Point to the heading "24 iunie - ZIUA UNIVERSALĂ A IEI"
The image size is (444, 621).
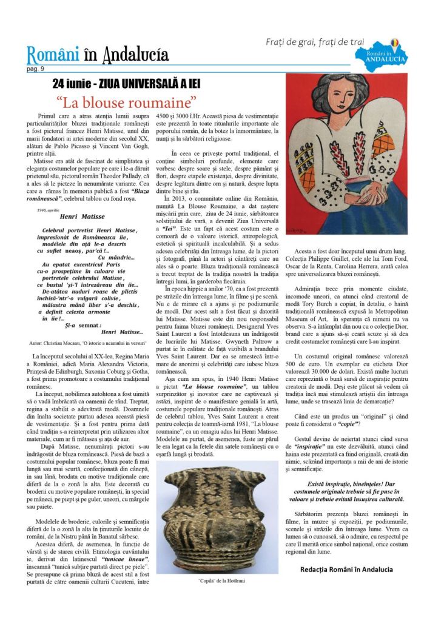point(126,83)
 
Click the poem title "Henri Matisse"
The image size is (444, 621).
point(82,217)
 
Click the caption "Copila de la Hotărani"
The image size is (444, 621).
point(217,580)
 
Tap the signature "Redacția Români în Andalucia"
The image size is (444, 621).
point(346,569)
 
